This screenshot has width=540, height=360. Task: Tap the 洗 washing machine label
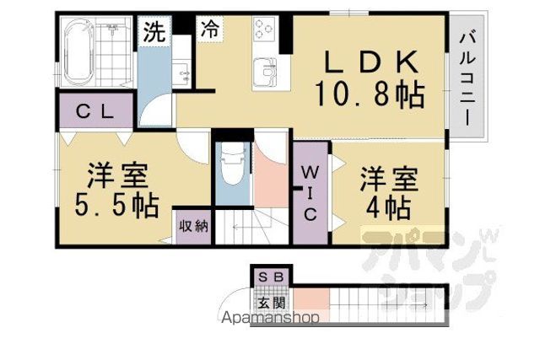pyautogui.click(x=154, y=32)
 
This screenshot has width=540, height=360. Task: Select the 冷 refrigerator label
pyautogui.click(x=210, y=29)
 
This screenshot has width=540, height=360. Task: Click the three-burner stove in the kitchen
pyautogui.click(x=264, y=28)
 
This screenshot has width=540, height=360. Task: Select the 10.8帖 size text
pyautogui.click(x=370, y=94)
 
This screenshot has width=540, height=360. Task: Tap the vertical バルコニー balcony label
pyautogui.click(x=467, y=78)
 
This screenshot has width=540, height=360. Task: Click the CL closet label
pyautogui.click(x=95, y=111)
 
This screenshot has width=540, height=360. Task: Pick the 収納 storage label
pyautogui.click(x=194, y=227)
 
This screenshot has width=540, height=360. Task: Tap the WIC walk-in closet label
pyautogui.click(x=310, y=193)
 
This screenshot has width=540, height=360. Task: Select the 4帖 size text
pyautogui.click(x=388, y=208)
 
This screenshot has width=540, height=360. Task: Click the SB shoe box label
pyautogui.click(x=271, y=277)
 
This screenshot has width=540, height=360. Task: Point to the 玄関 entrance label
pyautogui.click(x=272, y=303)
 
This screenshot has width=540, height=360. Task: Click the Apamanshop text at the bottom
pyautogui.click(x=270, y=317)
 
